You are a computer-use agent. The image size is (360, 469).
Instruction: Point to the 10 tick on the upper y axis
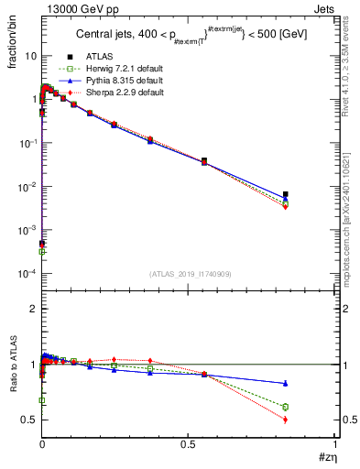(29, 56)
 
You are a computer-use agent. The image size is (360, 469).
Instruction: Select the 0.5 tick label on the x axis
(189, 443)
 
